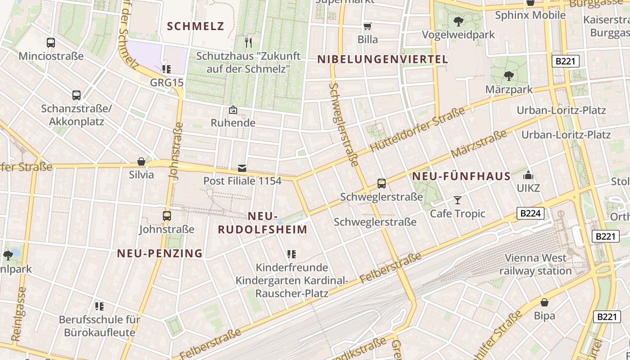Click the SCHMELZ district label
point(195,26)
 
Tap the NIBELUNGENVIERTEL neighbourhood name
point(382,59)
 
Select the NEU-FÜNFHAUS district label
point(461,176)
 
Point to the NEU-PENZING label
point(160,253)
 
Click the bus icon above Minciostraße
point(51,43)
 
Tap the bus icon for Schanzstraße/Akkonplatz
point(76,95)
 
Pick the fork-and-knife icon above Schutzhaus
point(248,43)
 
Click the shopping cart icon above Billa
point(368,26)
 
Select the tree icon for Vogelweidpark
point(459,21)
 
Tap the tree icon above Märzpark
point(509,76)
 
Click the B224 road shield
point(531,213)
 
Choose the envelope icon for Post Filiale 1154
point(242,168)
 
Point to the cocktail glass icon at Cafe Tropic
point(458,200)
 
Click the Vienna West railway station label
point(535,265)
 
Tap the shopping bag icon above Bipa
point(544,302)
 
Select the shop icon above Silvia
point(141,162)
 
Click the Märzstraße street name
point(478,144)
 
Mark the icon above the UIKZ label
point(528,175)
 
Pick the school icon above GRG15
point(166,69)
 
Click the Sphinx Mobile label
point(530,15)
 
